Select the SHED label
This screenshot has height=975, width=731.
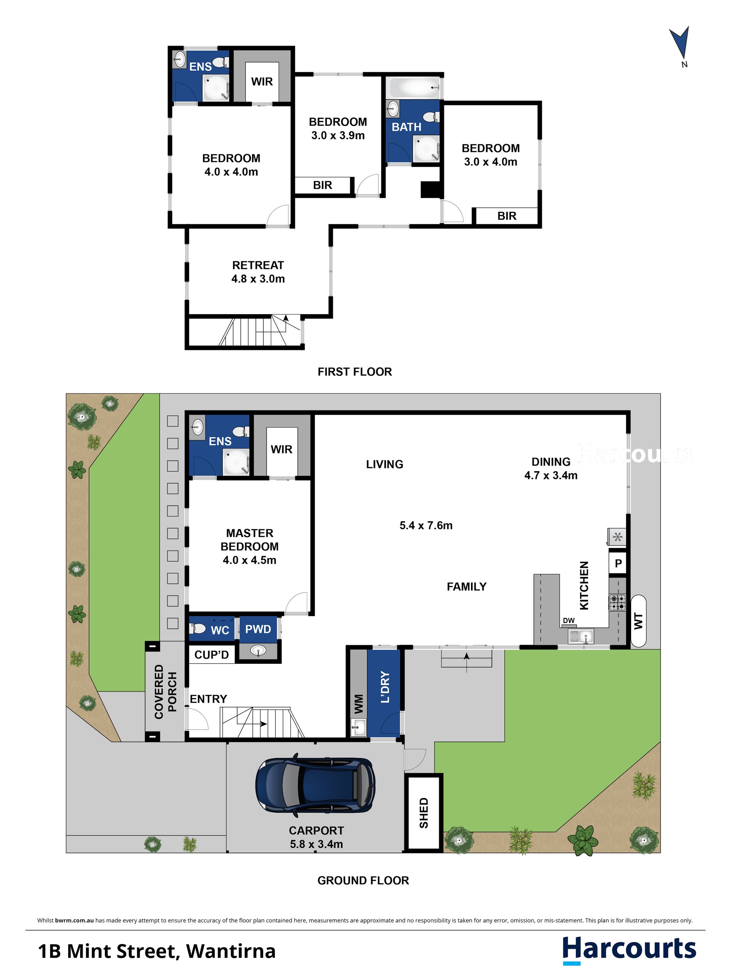point(423,813)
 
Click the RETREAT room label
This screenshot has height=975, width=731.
point(258,265)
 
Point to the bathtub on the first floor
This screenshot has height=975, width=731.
point(414,87)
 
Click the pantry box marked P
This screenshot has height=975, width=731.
point(618,563)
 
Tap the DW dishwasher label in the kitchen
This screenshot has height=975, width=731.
point(569,620)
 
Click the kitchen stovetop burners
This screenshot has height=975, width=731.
point(617,602)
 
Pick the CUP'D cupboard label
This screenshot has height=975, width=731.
point(212,655)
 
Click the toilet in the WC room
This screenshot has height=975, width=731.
point(198,628)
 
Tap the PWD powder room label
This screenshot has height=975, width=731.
point(258,629)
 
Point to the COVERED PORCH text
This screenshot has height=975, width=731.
point(165,692)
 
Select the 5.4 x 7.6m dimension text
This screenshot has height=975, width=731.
point(426,525)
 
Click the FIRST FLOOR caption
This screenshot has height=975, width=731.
point(355,372)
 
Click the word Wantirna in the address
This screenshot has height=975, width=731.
point(231,951)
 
